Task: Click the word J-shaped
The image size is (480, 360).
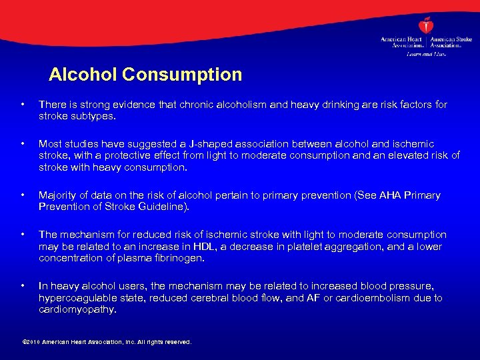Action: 191,144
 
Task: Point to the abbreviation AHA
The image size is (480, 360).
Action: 386,195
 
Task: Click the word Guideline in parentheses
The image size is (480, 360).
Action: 167,207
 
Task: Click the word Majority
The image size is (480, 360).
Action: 58,195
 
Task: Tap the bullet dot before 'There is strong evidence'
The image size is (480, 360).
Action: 23,105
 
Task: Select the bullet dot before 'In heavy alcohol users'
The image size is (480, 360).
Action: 23,286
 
